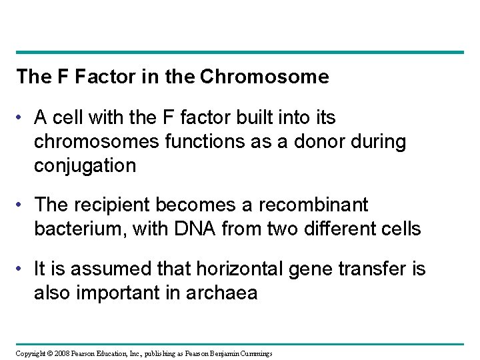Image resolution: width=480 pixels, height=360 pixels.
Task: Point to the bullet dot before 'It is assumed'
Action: pyautogui.click(x=22, y=269)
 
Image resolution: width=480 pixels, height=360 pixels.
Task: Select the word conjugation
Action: pyautogui.click(x=85, y=165)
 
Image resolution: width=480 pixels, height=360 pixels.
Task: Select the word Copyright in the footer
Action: pyautogui.click(x=31, y=353)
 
